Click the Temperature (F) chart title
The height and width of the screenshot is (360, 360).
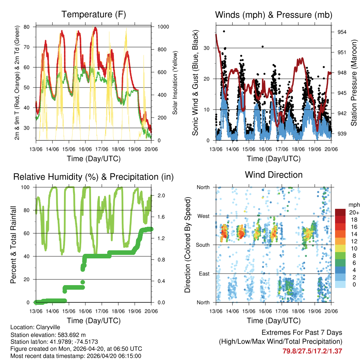click(x=94, y=14)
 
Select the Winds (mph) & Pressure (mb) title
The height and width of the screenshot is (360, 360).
click(x=274, y=15)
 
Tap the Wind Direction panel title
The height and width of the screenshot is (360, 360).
click(x=274, y=175)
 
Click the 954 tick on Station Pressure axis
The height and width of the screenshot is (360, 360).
click(x=341, y=32)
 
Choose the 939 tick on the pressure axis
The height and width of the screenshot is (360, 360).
click(x=341, y=134)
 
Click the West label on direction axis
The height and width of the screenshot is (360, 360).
click(x=203, y=216)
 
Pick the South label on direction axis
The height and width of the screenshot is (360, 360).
click(x=203, y=245)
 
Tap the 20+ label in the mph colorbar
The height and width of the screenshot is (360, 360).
click(x=354, y=212)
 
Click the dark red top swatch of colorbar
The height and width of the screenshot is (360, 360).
click(x=341, y=212)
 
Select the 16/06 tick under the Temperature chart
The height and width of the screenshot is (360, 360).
click(x=85, y=149)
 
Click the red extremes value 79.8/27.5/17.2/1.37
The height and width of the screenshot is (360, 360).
click(x=312, y=351)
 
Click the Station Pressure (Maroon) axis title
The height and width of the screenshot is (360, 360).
click(x=354, y=83)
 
